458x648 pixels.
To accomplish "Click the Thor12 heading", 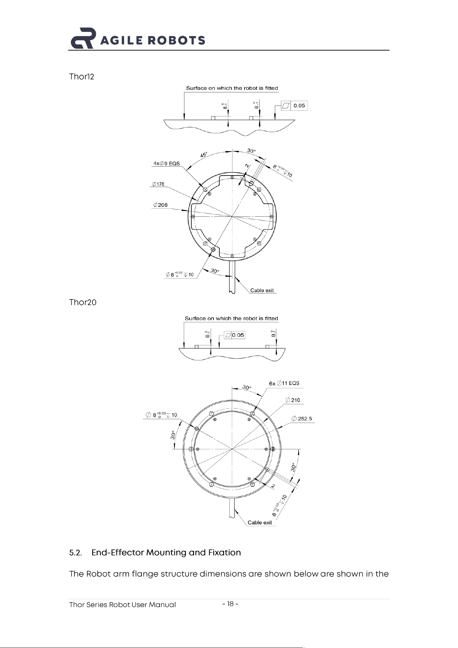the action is click(82, 76).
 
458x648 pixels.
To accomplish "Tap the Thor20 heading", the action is click(83, 302).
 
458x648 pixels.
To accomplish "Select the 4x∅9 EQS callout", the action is click(167, 163).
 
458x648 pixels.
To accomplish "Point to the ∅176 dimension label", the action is click(158, 184).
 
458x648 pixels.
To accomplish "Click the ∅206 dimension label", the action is click(160, 205).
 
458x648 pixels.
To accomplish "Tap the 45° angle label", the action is click(204, 155).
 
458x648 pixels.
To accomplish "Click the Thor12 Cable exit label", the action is click(262, 290).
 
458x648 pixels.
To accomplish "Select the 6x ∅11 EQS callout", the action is click(284, 383).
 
